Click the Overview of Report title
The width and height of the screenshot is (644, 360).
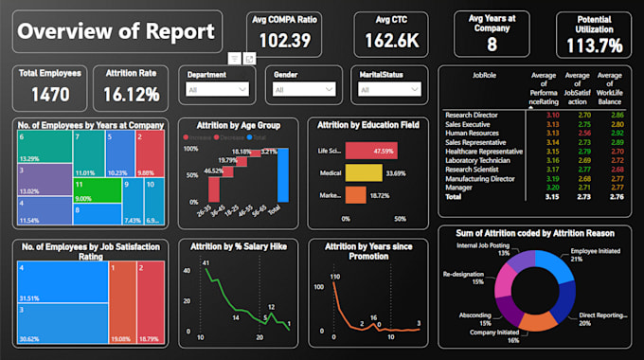point(116,31)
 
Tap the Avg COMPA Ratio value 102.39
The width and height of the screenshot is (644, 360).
point(285,41)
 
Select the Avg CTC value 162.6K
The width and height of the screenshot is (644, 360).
point(391,41)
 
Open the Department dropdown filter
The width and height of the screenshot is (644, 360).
point(216,90)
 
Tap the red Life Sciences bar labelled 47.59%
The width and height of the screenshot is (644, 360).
point(369,151)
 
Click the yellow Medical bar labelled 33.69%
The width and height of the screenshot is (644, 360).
point(363,172)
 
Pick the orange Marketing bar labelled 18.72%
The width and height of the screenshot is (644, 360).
point(354,194)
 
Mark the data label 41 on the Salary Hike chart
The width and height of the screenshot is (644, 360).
point(206,271)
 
